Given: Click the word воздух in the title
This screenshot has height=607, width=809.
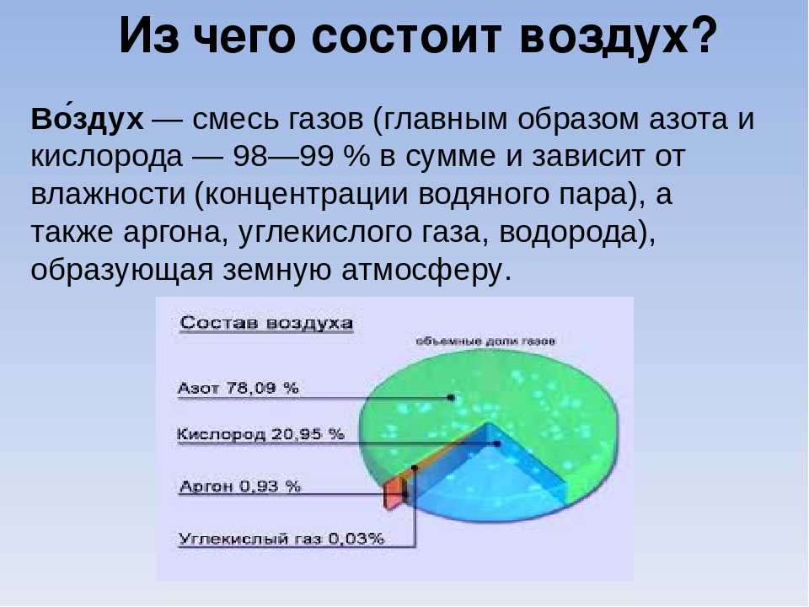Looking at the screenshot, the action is (x=603, y=37).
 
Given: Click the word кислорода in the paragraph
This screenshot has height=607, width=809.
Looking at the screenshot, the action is (x=107, y=157).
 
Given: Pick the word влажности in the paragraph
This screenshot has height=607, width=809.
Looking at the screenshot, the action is (x=108, y=194).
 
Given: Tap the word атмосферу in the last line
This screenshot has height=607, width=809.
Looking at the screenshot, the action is (x=426, y=271).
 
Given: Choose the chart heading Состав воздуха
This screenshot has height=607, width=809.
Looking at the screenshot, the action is (x=266, y=323).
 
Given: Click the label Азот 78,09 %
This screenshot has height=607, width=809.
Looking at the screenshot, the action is (x=238, y=388).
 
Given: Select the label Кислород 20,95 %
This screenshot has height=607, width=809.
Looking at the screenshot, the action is (x=260, y=434).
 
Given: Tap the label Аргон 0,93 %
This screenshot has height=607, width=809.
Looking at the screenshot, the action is (x=240, y=486).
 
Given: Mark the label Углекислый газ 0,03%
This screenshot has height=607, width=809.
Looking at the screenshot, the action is (x=281, y=539).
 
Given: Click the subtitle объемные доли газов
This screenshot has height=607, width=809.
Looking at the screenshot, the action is (x=485, y=341).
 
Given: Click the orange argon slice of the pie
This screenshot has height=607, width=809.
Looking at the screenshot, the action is (x=393, y=494).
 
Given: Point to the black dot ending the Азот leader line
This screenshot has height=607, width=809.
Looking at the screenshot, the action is (x=451, y=398).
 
